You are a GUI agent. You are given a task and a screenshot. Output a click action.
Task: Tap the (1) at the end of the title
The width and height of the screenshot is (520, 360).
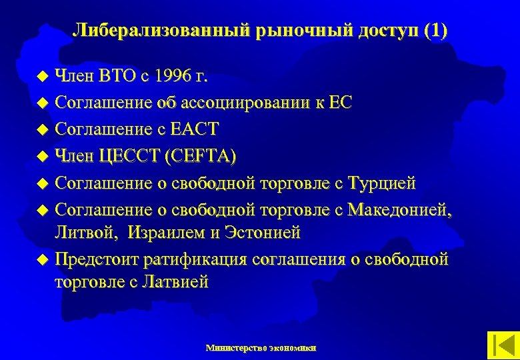[435, 31]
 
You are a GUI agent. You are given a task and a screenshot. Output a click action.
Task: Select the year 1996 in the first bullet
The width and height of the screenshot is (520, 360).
[170, 77]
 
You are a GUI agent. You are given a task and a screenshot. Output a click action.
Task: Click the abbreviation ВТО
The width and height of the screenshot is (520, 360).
[118, 77]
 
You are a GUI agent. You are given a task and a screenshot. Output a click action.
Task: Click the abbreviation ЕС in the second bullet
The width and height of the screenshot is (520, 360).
[340, 103]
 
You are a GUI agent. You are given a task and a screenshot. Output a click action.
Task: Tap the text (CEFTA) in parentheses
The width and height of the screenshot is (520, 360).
[204, 155]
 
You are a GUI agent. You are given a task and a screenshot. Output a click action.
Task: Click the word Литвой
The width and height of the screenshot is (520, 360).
[77, 233]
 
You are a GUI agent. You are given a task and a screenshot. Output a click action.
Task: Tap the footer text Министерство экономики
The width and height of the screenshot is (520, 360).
[261, 347]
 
